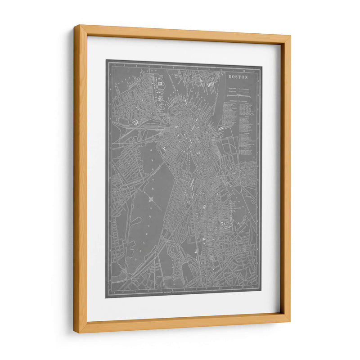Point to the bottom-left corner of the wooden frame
75,332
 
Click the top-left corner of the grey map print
106,60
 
